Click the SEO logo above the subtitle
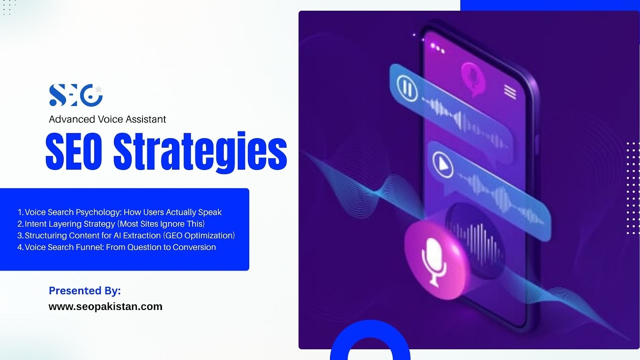(76, 95)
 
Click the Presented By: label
(85, 290)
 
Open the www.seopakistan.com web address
(106, 306)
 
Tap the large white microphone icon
(434, 262)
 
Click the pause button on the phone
(407, 88)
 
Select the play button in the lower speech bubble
(442, 164)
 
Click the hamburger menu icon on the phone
(510, 92)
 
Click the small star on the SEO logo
(98, 89)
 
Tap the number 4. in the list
(20, 247)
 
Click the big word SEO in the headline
(74, 152)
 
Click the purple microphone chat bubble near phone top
(473, 79)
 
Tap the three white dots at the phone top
(438, 48)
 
